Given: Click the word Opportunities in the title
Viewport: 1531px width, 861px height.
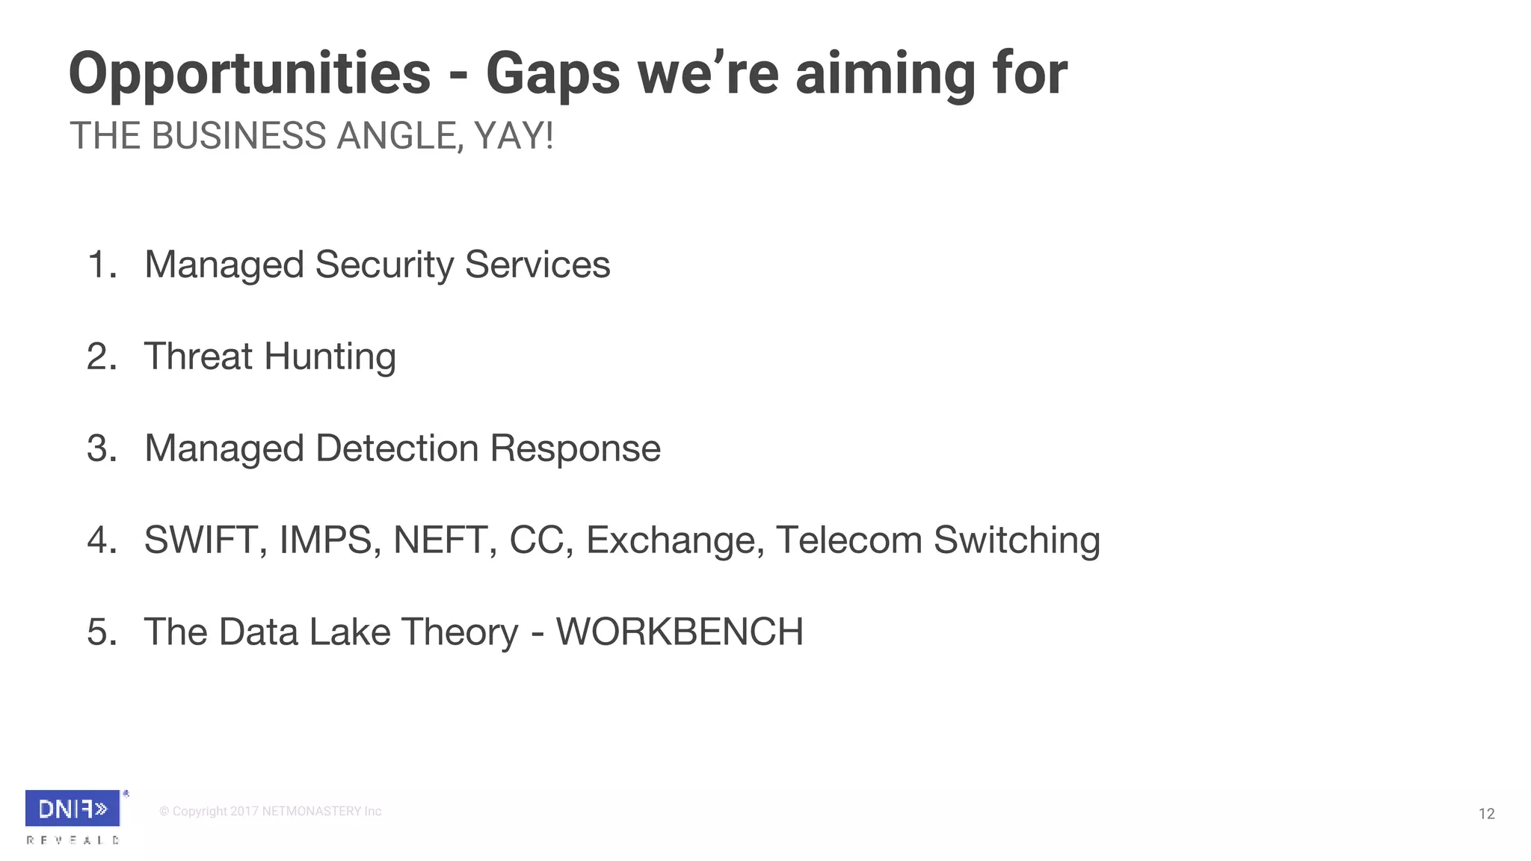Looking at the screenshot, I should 250,75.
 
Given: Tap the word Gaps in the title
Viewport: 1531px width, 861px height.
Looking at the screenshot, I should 552,75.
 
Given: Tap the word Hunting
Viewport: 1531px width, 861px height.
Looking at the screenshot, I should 330,357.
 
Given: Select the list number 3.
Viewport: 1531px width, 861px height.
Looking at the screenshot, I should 102,448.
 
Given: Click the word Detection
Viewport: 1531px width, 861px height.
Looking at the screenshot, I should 397,448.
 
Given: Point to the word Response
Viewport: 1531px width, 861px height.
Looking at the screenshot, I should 575,448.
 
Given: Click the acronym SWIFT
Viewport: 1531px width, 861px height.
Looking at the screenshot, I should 200,540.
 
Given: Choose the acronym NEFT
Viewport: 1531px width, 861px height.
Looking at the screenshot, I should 440,540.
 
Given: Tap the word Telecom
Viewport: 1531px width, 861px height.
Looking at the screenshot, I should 848,540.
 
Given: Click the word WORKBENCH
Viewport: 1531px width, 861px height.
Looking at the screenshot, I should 680,632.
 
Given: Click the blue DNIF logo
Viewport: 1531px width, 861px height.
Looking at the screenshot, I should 73,808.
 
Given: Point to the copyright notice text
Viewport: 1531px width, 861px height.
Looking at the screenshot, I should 270,812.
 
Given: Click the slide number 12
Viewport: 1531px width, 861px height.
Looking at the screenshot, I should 1486,814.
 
